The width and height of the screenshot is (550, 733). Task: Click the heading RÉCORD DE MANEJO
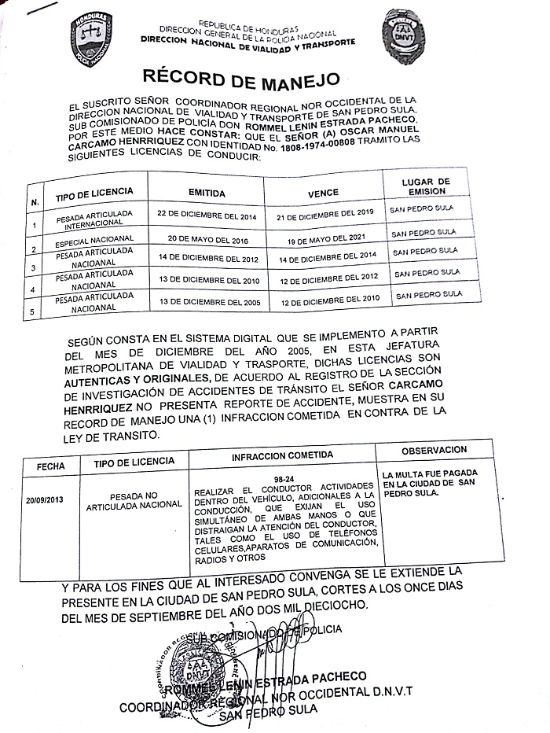[x=240, y=78]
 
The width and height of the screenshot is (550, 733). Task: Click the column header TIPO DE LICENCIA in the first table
[x=94, y=193]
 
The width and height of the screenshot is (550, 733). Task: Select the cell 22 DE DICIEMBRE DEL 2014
[x=207, y=214]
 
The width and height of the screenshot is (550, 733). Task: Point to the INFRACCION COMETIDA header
[x=282, y=455]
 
